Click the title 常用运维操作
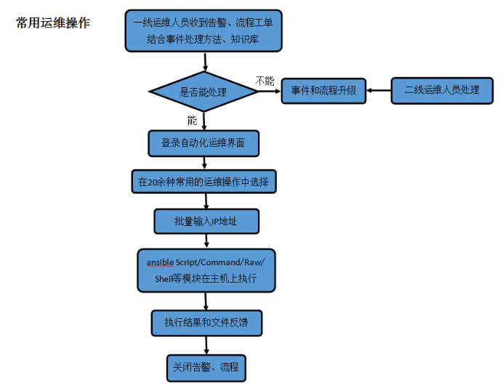coord(53,23)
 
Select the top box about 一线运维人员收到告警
coord(203,31)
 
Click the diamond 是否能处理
coord(203,92)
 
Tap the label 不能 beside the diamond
coord(265,80)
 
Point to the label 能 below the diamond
coord(192,120)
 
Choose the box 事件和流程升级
coord(323,91)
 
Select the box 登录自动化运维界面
coord(203,143)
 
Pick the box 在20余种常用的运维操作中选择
coord(203,182)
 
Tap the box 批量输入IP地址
coord(206,221)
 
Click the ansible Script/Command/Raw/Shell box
coord(206,270)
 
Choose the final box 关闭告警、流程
coord(206,367)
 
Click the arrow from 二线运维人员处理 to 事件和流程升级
coord(379,91)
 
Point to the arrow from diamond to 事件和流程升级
coord(270,92)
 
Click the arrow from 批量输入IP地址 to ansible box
coord(206,241)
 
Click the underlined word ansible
coord(160,262)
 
